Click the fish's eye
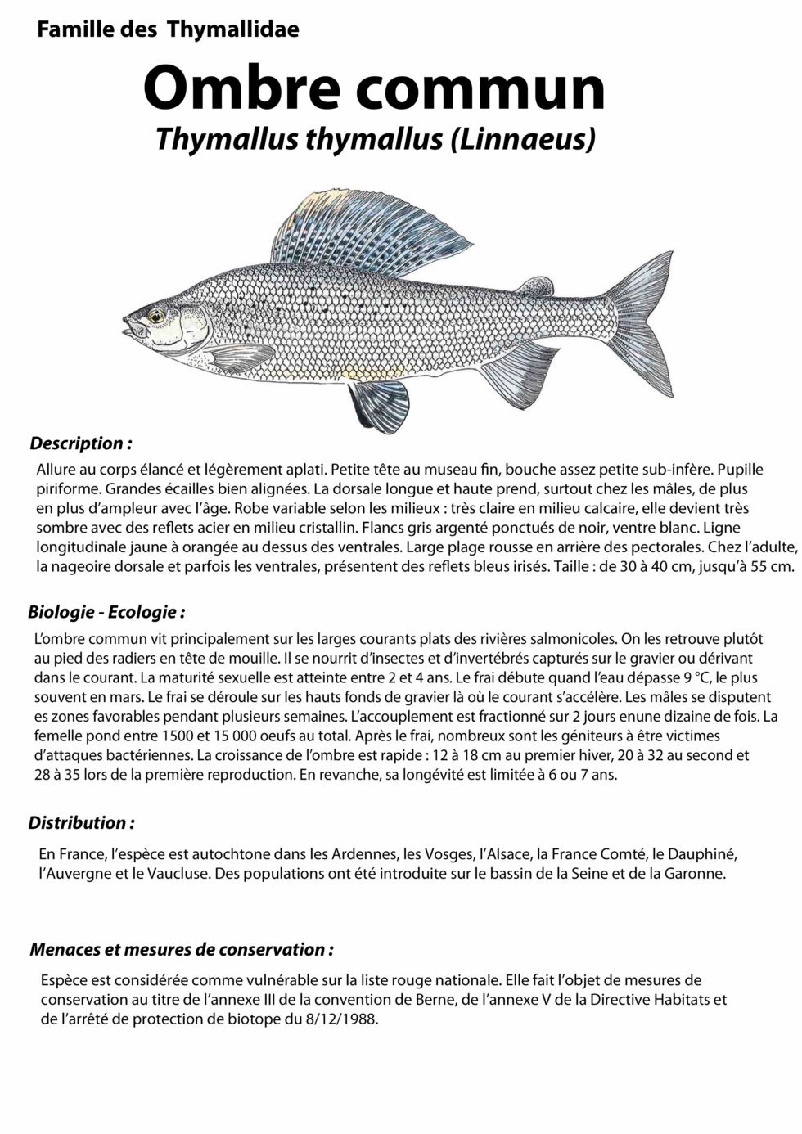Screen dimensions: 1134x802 [155, 315]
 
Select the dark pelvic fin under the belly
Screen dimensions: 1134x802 [378, 403]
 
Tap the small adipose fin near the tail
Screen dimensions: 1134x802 [536, 286]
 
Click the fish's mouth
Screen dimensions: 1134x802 [128, 326]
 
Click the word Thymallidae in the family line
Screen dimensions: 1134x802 [233, 29]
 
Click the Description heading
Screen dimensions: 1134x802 [80, 443]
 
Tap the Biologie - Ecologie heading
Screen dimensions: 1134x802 [106, 612]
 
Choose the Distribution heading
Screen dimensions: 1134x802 [81, 823]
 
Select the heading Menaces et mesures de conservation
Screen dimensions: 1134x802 [181, 950]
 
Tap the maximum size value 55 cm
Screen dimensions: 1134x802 [768, 566]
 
